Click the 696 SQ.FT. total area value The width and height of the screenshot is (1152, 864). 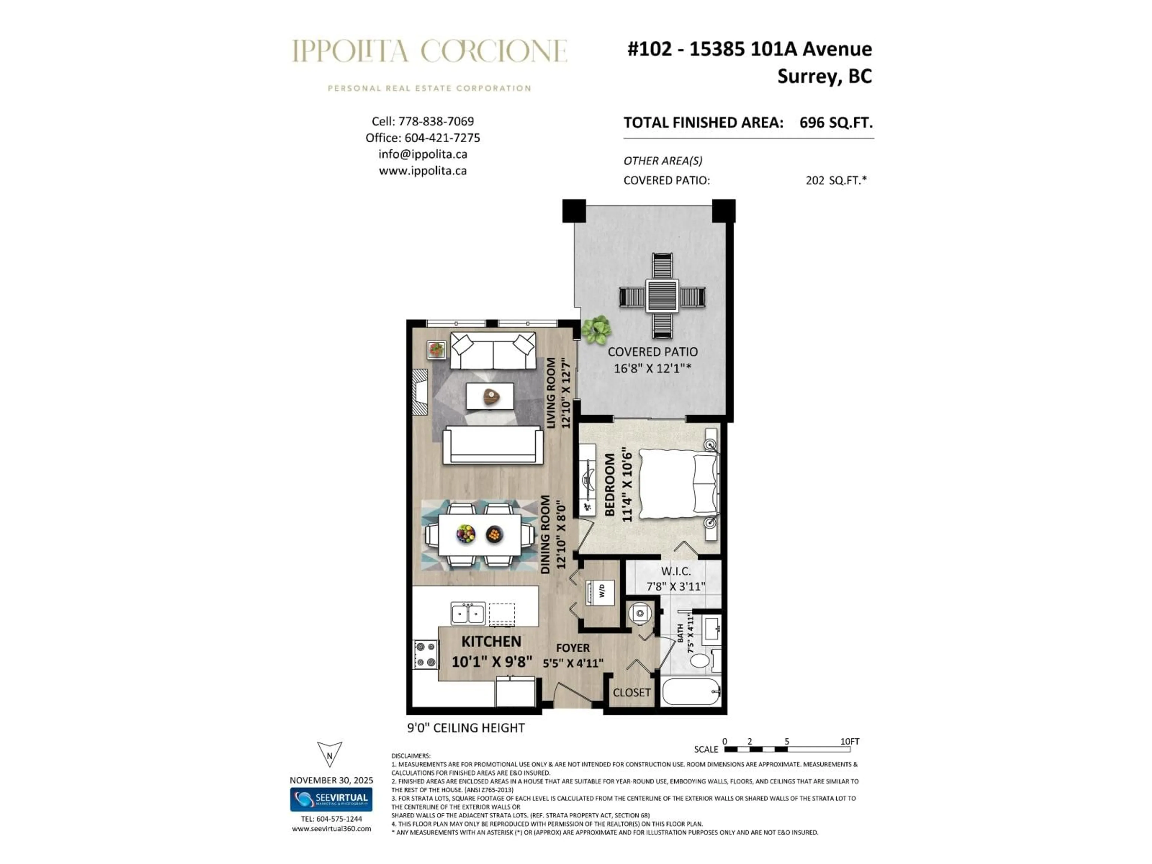click(836, 123)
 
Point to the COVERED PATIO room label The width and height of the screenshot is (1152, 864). click(652, 352)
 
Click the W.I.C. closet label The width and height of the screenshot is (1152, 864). click(676, 571)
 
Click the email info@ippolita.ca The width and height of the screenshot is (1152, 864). click(422, 154)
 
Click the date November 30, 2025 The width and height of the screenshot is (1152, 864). click(331, 780)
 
